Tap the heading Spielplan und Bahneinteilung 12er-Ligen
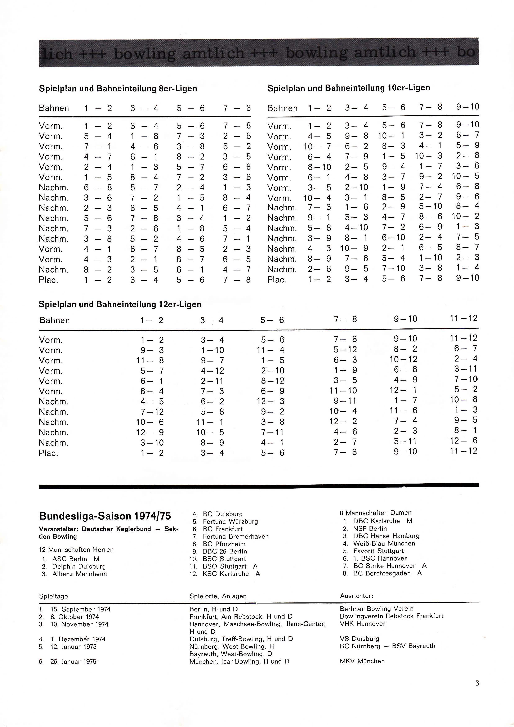click(120, 304)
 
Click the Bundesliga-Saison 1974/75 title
click(105, 516)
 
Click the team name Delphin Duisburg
click(79, 566)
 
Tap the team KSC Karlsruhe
click(226, 574)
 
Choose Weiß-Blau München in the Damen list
click(384, 543)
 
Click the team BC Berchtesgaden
click(382, 573)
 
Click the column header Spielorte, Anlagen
click(218, 596)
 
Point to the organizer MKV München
click(362, 661)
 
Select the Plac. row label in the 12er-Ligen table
click(48, 453)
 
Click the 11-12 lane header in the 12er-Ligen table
click(463, 318)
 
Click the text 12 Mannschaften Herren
click(76, 550)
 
